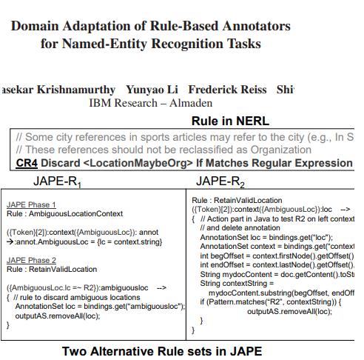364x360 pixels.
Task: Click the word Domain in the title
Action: [x=38, y=26]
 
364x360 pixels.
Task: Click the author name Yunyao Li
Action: [x=152, y=90]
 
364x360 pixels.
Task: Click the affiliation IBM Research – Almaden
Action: [x=150, y=104]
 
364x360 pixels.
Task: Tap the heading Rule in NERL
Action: [x=230, y=121]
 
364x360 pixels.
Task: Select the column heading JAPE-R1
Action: [x=58, y=181]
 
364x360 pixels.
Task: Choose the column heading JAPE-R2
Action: [x=220, y=181]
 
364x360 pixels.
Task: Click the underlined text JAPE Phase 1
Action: [x=31, y=205]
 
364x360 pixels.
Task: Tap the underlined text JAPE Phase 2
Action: [x=31, y=261]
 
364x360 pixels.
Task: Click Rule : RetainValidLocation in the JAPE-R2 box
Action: [x=237, y=200]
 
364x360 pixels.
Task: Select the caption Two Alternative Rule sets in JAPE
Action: [x=161, y=351]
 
